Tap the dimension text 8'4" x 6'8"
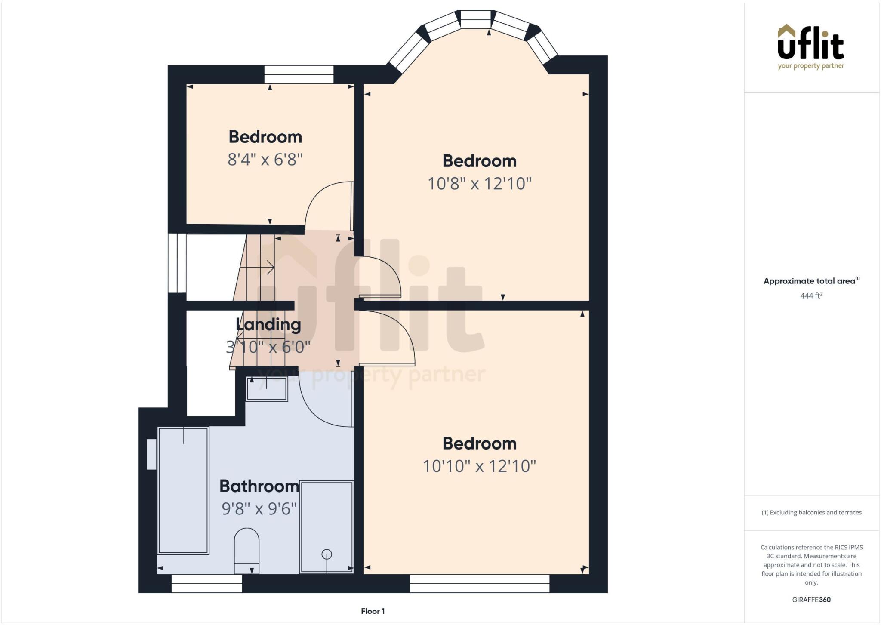pyautogui.click(x=265, y=160)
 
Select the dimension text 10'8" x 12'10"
pyautogui.click(x=479, y=184)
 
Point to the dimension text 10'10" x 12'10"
pyautogui.click(x=479, y=466)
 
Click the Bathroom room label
pyautogui.click(x=259, y=486)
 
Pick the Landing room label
pyautogui.click(x=268, y=324)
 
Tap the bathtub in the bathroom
pyautogui.click(x=183, y=490)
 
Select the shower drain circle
pyautogui.click(x=327, y=554)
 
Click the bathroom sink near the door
pyautogui.click(x=267, y=389)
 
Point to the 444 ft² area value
pyautogui.click(x=811, y=296)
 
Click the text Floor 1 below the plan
pyautogui.click(x=373, y=611)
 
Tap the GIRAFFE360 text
pyautogui.click(x=811, y=600)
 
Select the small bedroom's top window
pyautogui.click(x=299, y=74)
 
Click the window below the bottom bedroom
pyautogui.click(x=479, y=583)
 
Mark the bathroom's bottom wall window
pyautogui.click(x=207, y=583)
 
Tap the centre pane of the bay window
pyautogui.click(x=475, y=20)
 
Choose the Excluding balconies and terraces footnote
pyautogui.click(x=811, y=512)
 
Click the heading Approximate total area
pyautogui.click(x=809, y=281)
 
